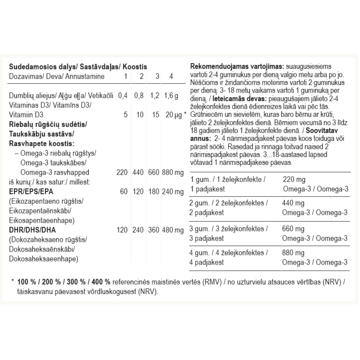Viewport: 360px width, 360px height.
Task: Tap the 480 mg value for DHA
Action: tap(173, 229)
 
